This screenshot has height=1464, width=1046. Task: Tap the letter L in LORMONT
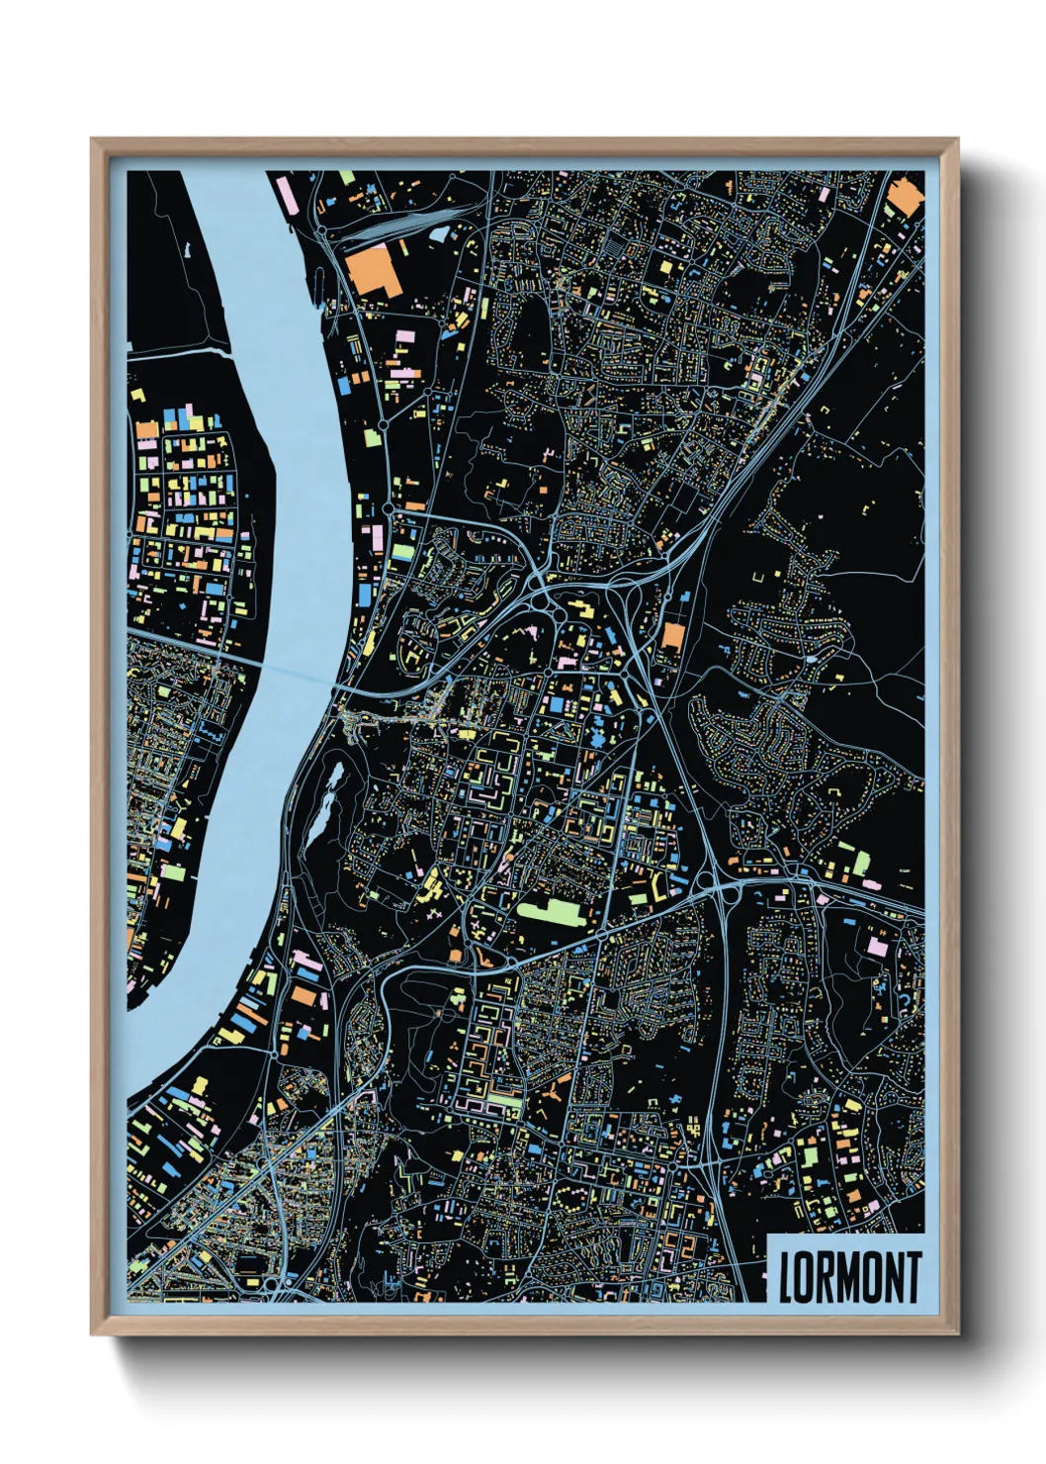(786, 1277)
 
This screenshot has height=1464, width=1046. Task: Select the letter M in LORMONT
(849, 1277)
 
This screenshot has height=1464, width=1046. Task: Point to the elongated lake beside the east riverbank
(327, 796)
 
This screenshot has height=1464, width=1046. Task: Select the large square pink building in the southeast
(877, 946)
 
